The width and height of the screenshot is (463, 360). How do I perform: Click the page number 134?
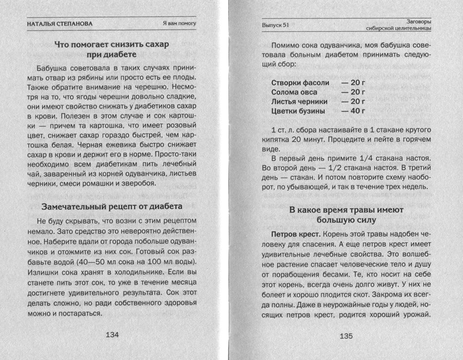pos(112,335)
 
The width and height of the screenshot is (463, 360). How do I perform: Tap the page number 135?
pos(347,336)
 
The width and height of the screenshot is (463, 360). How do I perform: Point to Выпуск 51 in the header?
pos(276,25)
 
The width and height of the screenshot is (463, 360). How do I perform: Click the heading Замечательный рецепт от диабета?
pos(111,206)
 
